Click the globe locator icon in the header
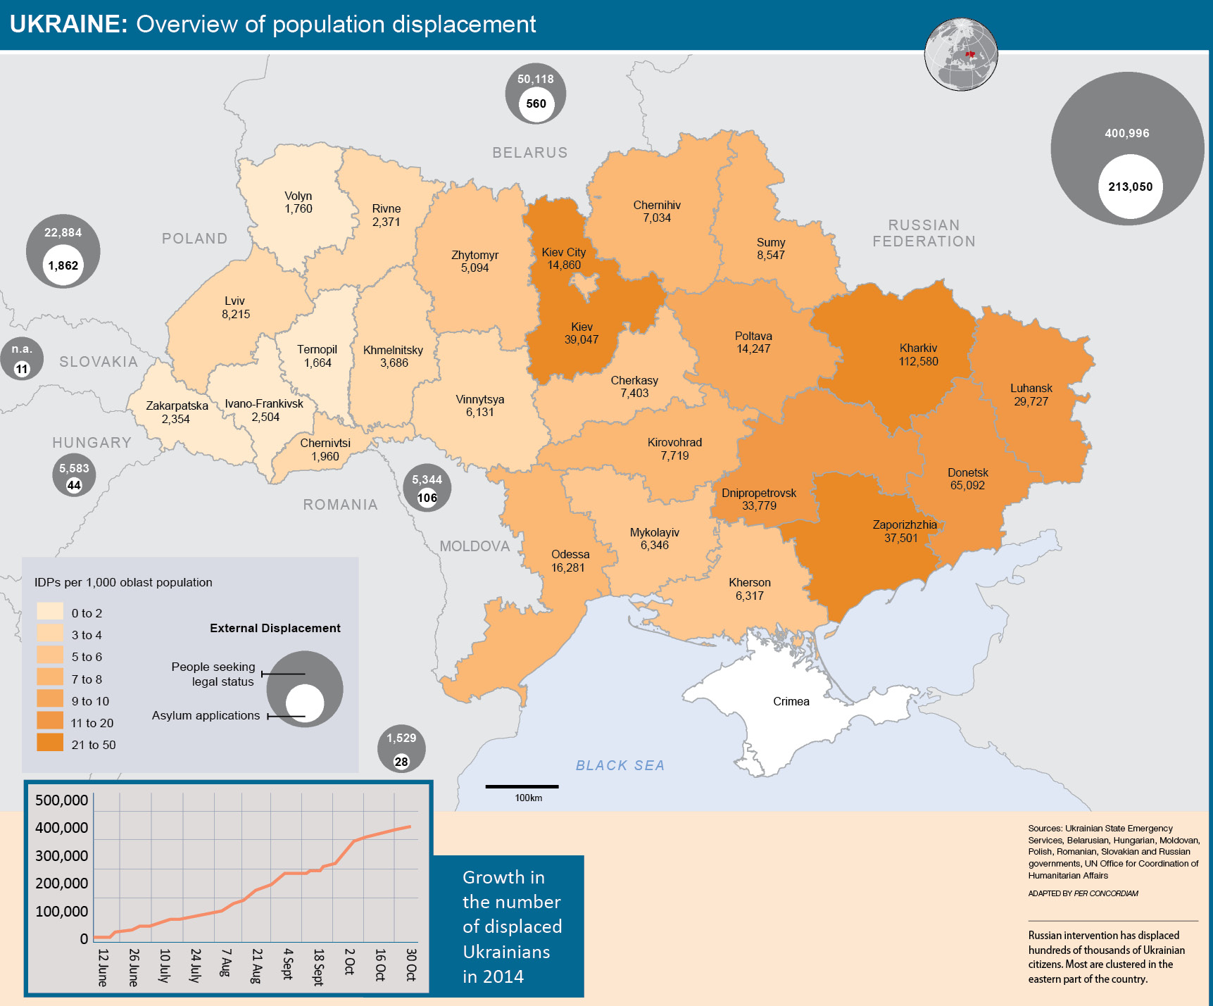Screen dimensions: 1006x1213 pos(961,54)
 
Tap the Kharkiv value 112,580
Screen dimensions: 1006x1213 pos(918,361)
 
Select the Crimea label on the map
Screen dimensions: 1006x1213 pos(791,701)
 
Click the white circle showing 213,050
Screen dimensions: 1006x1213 pos(1130,187)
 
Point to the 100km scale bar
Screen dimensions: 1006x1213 pos(522,786)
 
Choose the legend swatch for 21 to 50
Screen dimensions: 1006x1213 pos(50,743)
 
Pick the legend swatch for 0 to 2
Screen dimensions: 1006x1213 pos(50,611)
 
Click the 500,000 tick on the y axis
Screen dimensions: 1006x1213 pos(61,800)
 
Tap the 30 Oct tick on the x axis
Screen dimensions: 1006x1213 pos(411,964)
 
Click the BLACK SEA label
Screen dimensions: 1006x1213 pos(620,765)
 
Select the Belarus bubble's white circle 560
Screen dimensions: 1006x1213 pos(536,103)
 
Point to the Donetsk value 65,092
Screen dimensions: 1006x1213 pos(967,486)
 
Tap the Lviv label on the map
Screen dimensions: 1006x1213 pos(234,301)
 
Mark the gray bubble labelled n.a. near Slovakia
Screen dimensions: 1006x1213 pos(22,358)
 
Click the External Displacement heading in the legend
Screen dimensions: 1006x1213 pos(275,628)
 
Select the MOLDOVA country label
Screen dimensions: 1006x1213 pos(474,546)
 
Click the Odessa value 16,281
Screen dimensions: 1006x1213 pos(567,567)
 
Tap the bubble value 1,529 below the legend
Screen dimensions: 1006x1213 pos(401,738)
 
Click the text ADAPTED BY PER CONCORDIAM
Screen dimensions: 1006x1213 pos(1083,893)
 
